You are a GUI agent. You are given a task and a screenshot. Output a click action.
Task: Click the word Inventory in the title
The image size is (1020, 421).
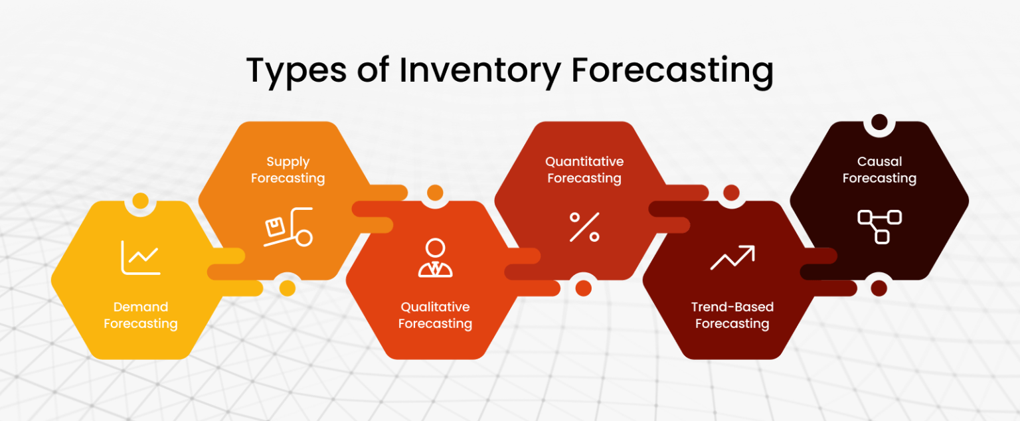click(x=479, y=71)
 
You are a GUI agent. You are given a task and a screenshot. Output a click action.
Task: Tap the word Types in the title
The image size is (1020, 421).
click(x=297, y=71)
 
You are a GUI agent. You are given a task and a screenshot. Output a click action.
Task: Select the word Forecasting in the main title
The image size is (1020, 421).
click(x=672, y=71)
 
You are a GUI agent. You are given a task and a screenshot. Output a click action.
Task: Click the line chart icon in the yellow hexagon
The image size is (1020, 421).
click(x=140, y=257)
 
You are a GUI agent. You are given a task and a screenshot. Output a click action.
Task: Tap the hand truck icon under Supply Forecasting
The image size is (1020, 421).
click(x=288, y=228)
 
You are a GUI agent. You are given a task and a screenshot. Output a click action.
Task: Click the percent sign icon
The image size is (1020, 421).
click(x=584, y=226)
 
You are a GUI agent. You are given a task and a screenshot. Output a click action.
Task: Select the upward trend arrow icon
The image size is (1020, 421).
click(x=732, y=258)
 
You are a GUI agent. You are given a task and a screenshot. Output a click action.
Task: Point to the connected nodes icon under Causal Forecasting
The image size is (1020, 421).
click(x=879, y=226)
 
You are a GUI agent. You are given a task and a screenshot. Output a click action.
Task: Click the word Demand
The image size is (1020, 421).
click(x=140, y=307)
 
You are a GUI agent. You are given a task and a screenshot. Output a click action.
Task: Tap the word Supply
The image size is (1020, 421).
click(x=288, y=161)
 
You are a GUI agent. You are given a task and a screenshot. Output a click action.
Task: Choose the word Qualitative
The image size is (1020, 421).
click(x=435, y=307)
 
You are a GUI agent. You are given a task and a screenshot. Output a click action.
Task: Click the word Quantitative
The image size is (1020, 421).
click(x=584, y=161)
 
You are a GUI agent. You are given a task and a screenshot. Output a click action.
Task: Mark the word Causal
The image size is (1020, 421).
click(x=879, y=161)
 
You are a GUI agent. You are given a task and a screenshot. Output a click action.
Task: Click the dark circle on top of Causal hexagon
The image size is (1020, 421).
click(x=879, y=122)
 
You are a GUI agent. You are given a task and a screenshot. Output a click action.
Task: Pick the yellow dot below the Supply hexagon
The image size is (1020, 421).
click(x=288, y=288)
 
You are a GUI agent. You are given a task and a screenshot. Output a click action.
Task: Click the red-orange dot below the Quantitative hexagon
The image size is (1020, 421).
click(x=584, y=288)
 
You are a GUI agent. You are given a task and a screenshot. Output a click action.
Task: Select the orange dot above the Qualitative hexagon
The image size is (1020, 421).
click(x=435, y=193)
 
